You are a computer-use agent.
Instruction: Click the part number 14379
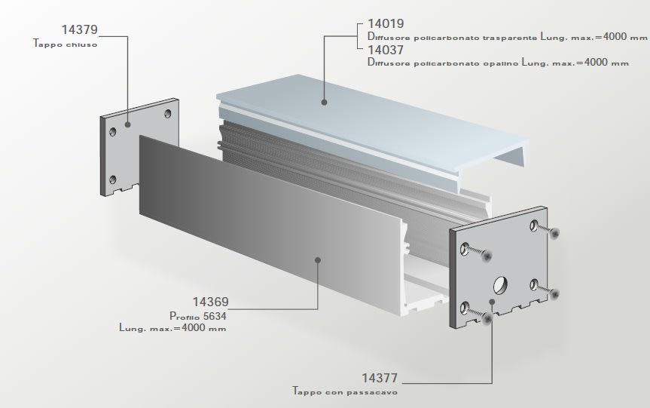78,30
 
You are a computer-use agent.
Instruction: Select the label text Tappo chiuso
66,44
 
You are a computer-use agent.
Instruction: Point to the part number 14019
386,24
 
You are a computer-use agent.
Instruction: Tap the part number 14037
386,51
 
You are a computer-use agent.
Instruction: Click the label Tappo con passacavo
345,392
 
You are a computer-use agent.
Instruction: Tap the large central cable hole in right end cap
501,286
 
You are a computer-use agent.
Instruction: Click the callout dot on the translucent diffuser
324,101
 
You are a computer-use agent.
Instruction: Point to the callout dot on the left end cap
127,124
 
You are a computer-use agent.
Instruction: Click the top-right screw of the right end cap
554,233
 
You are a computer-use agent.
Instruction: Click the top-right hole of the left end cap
166,114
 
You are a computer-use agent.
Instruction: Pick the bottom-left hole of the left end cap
113,179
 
